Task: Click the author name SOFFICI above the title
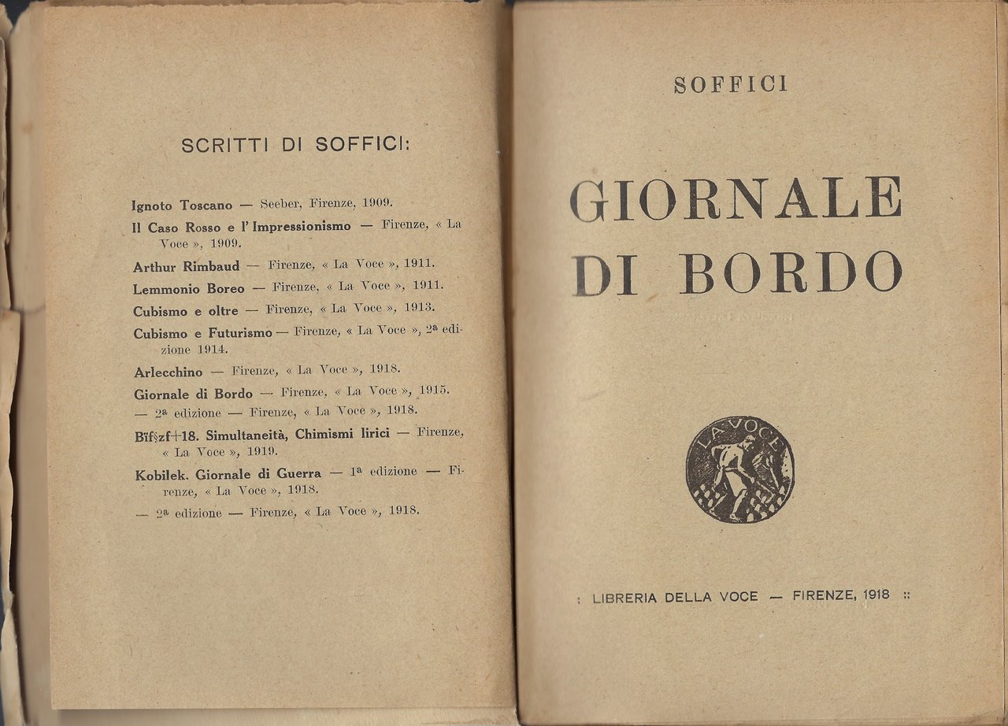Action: point(730,84)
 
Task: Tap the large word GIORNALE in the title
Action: point(736,198)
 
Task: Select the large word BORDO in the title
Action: point(790,272)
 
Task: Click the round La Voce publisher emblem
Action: point(739,469)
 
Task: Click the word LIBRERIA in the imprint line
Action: point(624,597)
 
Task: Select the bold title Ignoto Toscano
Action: point(182,206)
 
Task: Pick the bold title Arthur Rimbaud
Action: point(186,266)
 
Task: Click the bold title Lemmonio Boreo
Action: point(189,287)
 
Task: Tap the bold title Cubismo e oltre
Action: point(185,311)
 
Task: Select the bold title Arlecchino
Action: point(168,372)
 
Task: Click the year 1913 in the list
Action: point(419,308)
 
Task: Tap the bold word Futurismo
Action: point(239,333)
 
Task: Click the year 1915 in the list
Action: point(433,391)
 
